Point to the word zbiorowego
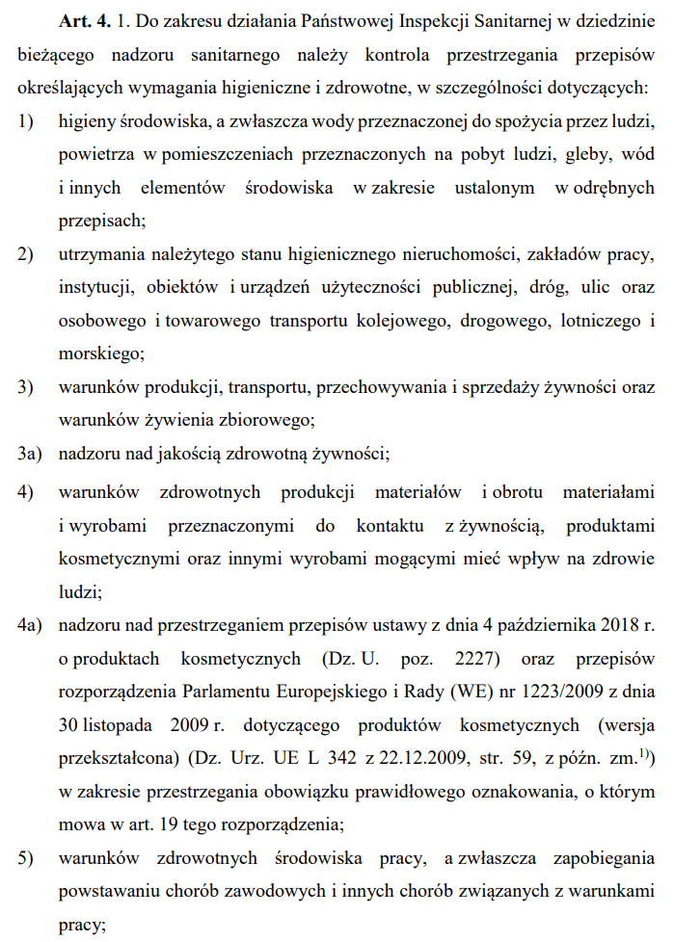point(261,419)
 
